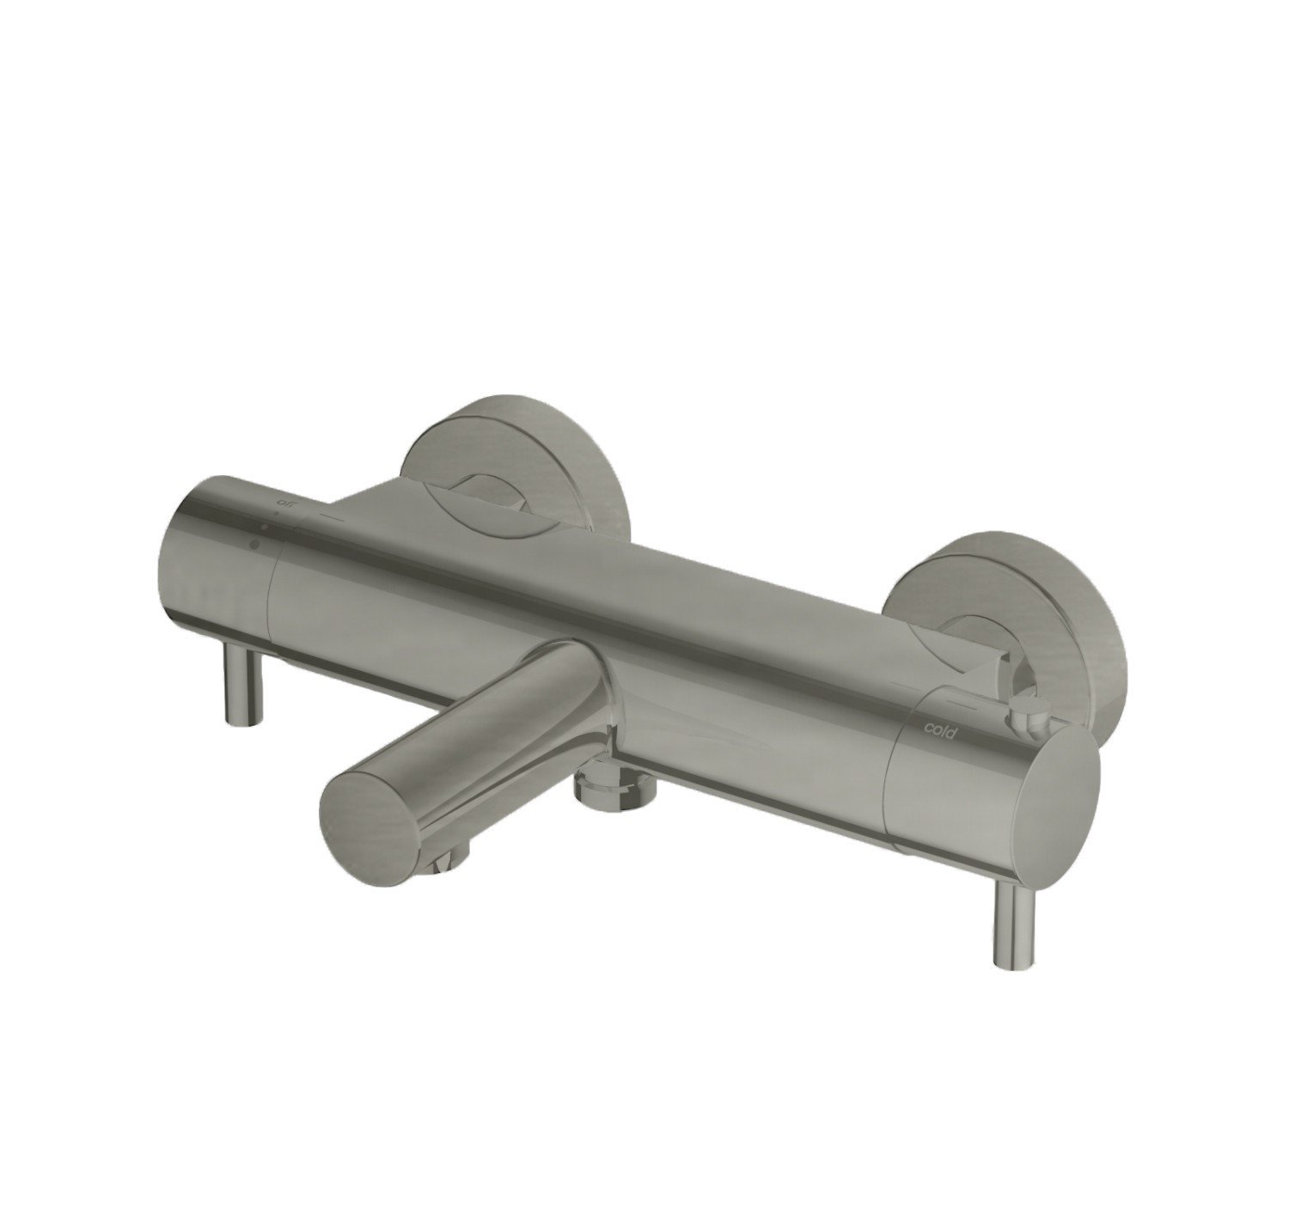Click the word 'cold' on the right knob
coord(940,729)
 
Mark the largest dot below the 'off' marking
coord(255,543)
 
